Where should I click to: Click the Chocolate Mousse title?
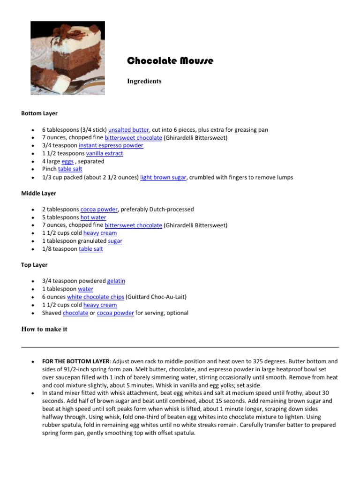pos(170,61)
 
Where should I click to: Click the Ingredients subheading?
pos(144,81)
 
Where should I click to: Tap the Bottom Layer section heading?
pos(39,113)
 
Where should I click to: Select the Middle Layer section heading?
pos(39,193)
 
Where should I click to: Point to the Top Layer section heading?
pos(34,265)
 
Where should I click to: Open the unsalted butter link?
pos(128,130)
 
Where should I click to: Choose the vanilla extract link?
pos(105,153)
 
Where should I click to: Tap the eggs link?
pos(67,161)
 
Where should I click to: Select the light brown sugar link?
pos(163,177)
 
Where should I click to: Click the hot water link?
pos(93,217)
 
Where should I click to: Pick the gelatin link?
pos(116,281)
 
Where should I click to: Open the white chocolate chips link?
pos(96,297)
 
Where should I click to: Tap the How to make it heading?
pos(44,329)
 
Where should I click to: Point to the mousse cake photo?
pos(67,58)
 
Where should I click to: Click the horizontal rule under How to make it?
pos(180,347)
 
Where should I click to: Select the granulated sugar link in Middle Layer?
pos(115,241)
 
